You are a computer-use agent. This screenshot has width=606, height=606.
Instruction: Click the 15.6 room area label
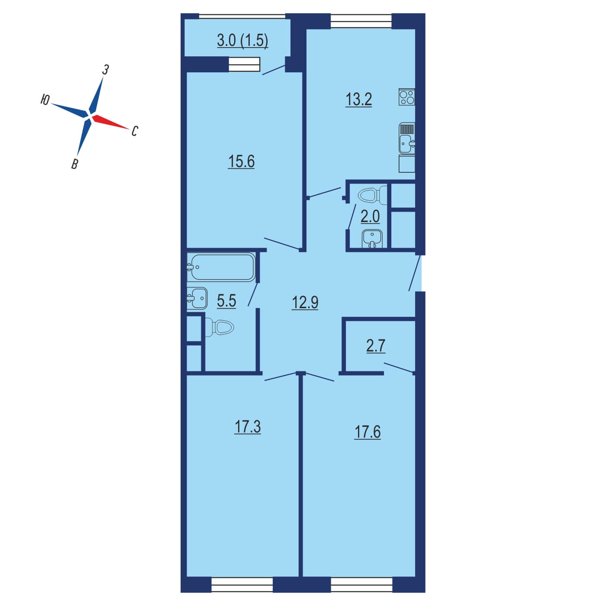click(x=241, y=161)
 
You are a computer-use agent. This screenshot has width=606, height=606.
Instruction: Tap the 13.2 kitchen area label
click(x=358, y=100)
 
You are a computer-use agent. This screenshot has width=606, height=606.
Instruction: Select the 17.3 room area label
click(x=248, y=427)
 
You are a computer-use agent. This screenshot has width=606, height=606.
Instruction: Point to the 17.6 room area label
click(x=367, y=432)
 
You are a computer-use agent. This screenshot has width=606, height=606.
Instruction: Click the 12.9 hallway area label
click(x=305, y=303)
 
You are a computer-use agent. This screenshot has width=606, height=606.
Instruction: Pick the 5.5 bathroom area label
click(x=226, y=301)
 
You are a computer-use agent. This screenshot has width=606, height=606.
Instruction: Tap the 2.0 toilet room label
click(x=370, y=216)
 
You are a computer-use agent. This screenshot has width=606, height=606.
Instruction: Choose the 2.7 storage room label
click(x=376, y=346)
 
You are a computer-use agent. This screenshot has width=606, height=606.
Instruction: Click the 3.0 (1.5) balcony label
click(x=242, y=41)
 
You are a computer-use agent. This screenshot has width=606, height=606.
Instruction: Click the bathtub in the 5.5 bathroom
click(x=221, y=267)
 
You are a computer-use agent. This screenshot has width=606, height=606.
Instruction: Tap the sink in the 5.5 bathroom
click(x=197, y=298)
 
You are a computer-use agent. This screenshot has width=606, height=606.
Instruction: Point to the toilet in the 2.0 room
click(x=372, y=196)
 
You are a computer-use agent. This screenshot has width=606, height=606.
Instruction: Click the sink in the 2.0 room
click(x=372, y=239)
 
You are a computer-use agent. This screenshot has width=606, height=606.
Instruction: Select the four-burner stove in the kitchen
click(x=407, y=97)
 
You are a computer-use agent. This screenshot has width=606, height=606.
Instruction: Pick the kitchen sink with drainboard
click(x=407, y=138)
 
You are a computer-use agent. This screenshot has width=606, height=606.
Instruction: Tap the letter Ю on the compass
click(x=45, y=100)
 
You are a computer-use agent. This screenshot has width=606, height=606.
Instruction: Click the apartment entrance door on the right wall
click(x=415, y=273)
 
